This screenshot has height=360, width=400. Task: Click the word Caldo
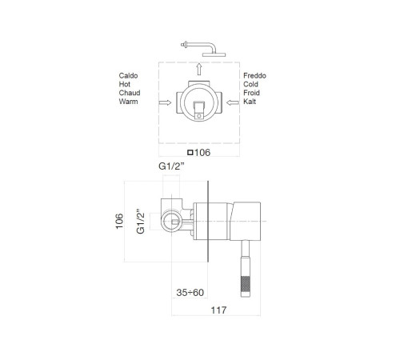[x=128, y=76]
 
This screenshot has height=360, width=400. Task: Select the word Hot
[x=125, y=84]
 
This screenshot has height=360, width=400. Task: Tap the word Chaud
[x=130, y=93]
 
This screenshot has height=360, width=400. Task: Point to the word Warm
[x=128, y=102]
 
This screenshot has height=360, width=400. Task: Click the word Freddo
[x=254, y=76]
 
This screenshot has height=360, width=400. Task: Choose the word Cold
[x=250, y=84]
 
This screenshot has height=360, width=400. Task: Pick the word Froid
[x=251, y=93]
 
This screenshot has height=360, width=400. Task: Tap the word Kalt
[x=250, y=102]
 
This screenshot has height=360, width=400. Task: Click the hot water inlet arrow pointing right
[x=165, y=102]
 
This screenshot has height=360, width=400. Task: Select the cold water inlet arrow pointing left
[x=233, y=102]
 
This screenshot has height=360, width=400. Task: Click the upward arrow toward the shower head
[x=199, y=69]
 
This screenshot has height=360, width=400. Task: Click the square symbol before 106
[x=190, y=153]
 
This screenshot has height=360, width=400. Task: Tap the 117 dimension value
[x=218, y=310]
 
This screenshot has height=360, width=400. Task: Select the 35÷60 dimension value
[x=190, y=293]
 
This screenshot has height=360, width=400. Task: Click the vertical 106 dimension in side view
[x=119, y=221]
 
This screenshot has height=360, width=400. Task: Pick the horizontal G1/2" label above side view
[x=171, y=166]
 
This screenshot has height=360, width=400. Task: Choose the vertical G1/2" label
[x=140, y=222]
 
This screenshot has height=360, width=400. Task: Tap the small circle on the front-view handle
[x=199, y=116]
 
